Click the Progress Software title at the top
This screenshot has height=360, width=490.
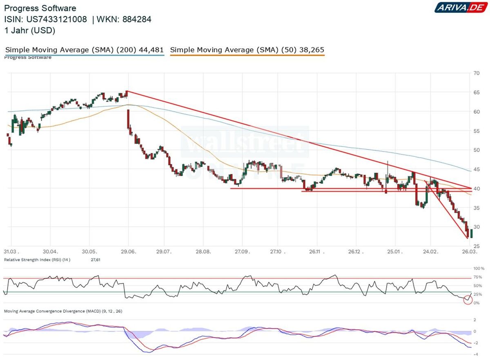tap(40, 8)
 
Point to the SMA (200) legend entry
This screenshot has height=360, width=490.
tap(85, 50)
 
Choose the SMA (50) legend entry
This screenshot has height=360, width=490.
tap(247, 50)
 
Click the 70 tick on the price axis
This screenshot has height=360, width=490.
tap(476, 73)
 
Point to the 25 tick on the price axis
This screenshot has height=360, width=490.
tap(476, 246)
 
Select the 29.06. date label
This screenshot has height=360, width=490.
tap(127, 252)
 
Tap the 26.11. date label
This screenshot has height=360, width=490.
tap(314, 252)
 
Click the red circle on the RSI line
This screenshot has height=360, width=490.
tap(468, 300)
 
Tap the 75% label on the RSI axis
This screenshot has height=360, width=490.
tap(477, 277)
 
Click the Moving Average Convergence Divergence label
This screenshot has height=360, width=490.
tap(63, 311)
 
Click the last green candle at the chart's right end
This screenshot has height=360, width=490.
tap(472, 233)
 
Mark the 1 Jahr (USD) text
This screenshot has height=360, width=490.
tap(29, 31)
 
